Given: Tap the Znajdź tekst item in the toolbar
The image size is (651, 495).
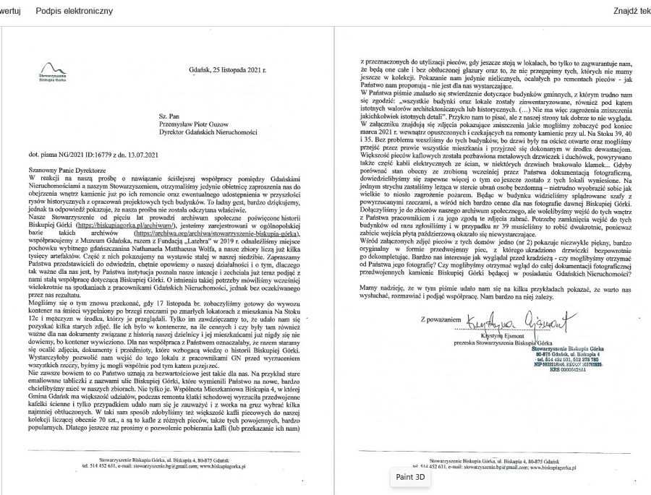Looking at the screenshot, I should (631, 11).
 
